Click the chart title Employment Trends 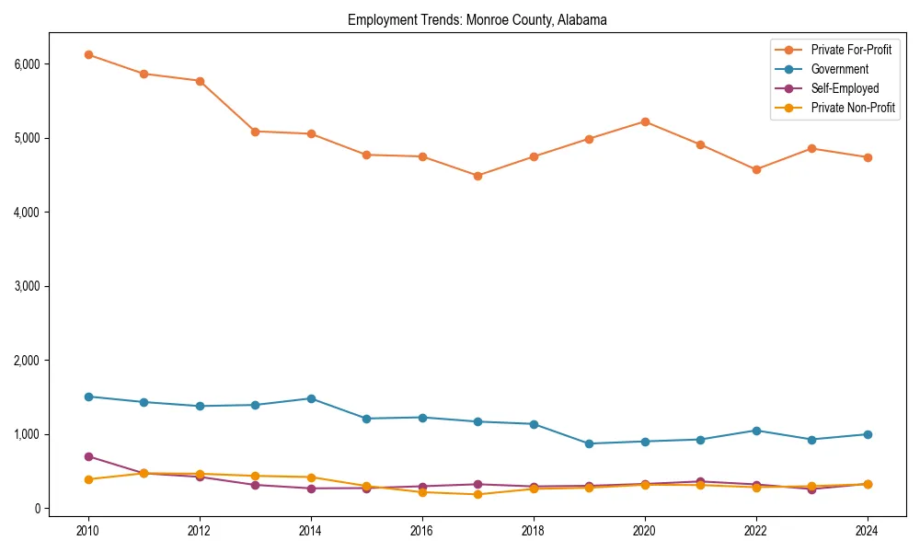click(x=477, y=19)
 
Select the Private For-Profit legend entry click(x=851, y=50)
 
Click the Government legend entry click(x=839, y=69)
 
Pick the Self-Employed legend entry click(x=845, y=88)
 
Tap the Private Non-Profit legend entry click(x=853, y=108)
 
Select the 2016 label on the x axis click(x=422, y=531)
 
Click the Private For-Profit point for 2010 click(x=88, y=55)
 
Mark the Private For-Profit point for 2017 click(x=477, y=176)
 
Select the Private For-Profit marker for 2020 click(x=645, y=121)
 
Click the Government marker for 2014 click(x=311, y=398)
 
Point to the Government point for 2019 click(x=589, y=443)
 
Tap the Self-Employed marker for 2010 click(x=88, y=456)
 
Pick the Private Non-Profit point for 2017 click(x=477, y=494)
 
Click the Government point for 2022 click(x=756, y=431)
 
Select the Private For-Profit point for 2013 click(x=255, y=132)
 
